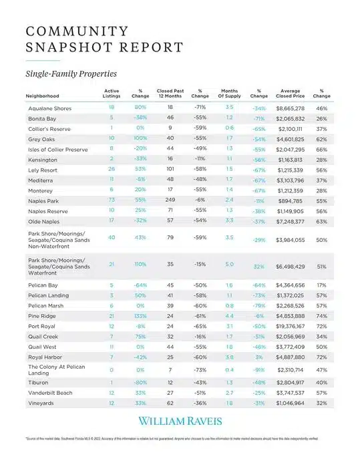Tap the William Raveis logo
(179, 421)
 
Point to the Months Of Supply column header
(229, 93)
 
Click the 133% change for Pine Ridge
(140, 315)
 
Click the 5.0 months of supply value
(229, 264)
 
